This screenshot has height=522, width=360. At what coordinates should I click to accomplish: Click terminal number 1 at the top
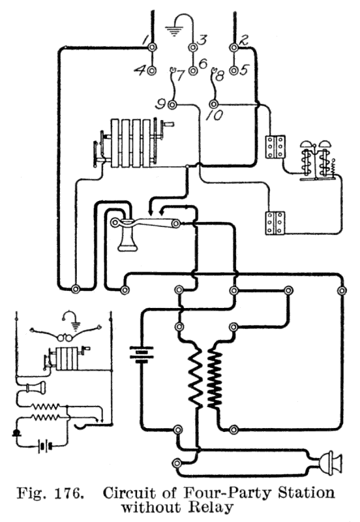coord(152,48)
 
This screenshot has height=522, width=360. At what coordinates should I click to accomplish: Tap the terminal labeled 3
coord(193,48)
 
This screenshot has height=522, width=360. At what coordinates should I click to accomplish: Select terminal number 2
coord(234,48)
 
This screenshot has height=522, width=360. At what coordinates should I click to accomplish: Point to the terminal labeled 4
coord(152,70)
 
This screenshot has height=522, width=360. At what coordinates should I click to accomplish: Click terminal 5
coord(234,70)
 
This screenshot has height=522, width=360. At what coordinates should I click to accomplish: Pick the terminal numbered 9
coord(172,105)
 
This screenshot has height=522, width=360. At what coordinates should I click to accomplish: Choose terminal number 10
coord(213,104)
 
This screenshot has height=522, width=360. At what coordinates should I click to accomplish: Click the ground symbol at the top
coord(173,31)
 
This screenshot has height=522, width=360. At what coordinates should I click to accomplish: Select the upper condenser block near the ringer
coord(275,146)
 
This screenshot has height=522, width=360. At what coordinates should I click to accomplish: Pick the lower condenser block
coord(275,223)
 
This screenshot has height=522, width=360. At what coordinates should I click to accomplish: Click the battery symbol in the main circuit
coord(142,354)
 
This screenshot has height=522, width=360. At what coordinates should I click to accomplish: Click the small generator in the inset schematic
coord(67,359)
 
